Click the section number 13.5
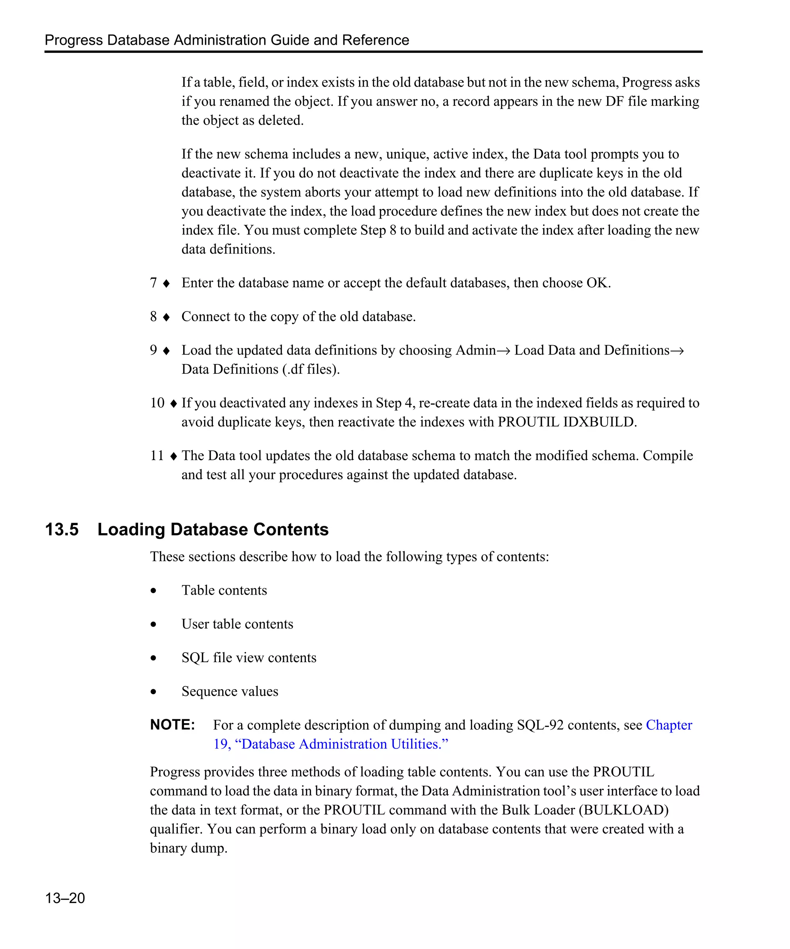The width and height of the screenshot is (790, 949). (62, 529)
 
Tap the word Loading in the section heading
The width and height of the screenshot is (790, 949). (131, 530)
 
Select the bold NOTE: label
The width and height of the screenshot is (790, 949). (172, 724)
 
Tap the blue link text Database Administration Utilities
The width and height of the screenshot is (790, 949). (341, 744)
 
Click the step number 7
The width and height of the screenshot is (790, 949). (154, 283)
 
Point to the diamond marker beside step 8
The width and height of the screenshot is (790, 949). (166, 317)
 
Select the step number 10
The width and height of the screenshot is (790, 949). (157, 403)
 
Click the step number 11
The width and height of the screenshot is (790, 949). (157, 456)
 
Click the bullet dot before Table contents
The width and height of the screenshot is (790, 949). (154, 591)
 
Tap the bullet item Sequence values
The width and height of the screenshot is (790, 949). (230, 691)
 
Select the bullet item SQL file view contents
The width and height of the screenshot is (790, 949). (249, 658)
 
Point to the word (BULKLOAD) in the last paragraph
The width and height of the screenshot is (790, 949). (623, 809)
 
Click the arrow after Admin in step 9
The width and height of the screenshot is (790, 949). (504, 351)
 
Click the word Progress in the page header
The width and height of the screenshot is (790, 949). (74, 40)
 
